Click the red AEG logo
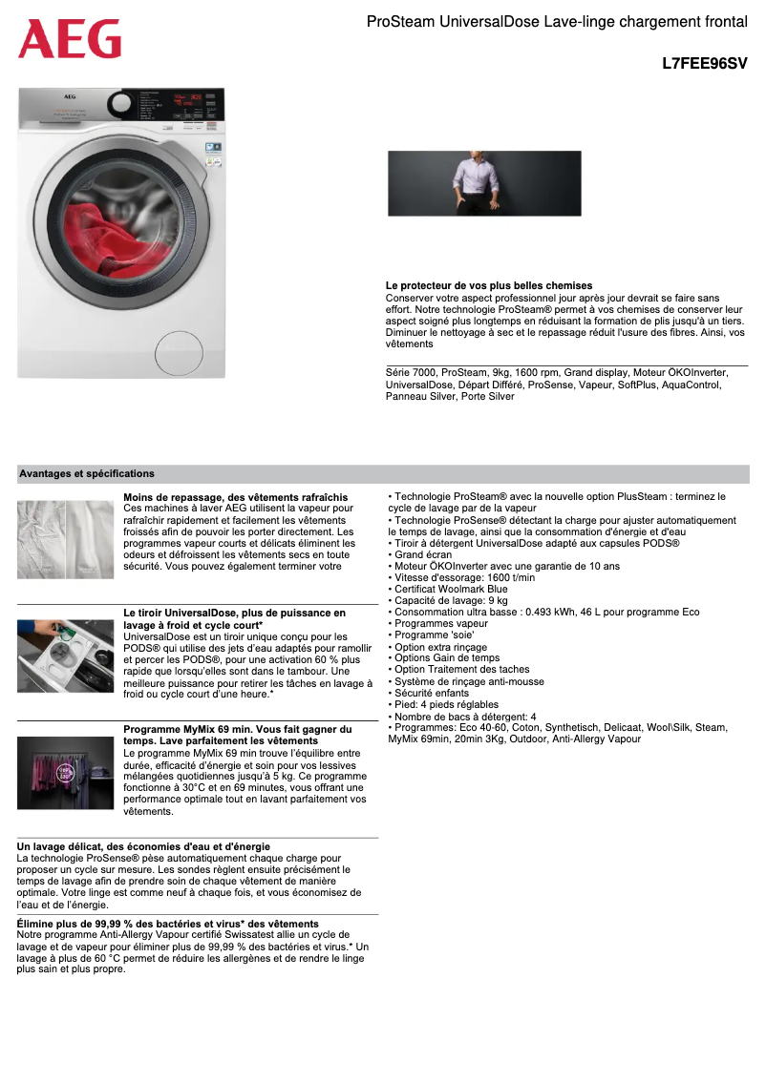(70, 39)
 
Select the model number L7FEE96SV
(704, 64)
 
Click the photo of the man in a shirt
(484, 183)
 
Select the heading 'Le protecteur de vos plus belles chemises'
(489, 285)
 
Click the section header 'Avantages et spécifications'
(87, 473)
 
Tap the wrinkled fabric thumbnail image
(64, 539)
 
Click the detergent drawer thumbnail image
(64, 655)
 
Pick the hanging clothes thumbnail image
(64, 772)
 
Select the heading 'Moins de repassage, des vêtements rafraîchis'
(236, 497)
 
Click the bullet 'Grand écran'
(423, 554)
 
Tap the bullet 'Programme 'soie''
(434, 635)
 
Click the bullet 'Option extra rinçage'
(440, 647)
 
